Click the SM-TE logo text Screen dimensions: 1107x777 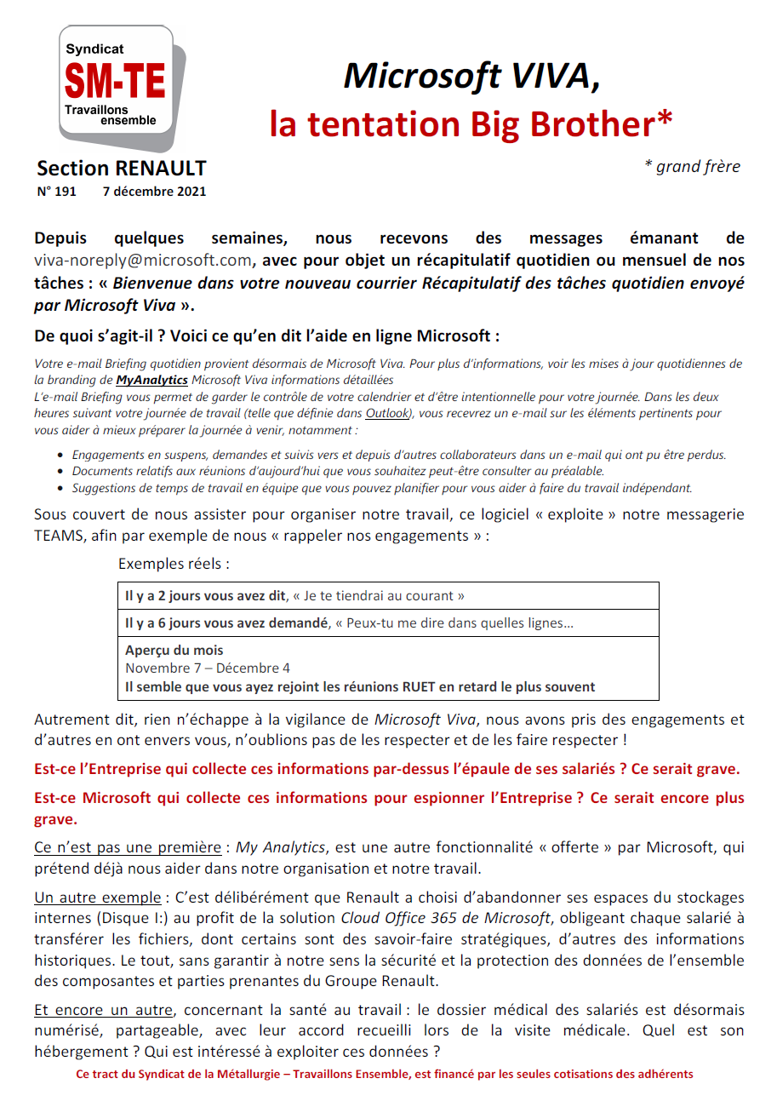pyautogui.click(x=116, y=83)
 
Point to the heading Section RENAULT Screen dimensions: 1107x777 pyautogui.click(x=122, y=169)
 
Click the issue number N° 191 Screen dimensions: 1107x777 pyautogui.click(x=57, y=192)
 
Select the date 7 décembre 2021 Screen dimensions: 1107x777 pyautogui.click(x=154, y=192)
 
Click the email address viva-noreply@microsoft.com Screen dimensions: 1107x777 pyautogui.click(x=143, y=260)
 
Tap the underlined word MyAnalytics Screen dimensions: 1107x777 pyautogui.click(x=151, y=380)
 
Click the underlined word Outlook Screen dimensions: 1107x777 pyautogui.click(x=388, y=413)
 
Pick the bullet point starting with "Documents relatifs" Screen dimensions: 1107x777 pyautogui.click(x=337, y=471)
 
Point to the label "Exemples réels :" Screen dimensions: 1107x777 pyautogui.click(x=174, y=564)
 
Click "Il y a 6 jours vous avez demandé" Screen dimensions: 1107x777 pyautogui.click(x=226, y=623)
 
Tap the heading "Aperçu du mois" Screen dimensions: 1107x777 pyautogui.click(x=174, y=651)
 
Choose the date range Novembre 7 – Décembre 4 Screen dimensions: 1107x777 pyautogui.click(x=207, y=668)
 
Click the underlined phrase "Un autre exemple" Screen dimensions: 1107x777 pyautogui.click(x=97, y=898)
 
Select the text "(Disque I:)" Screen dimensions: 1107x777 pyautogui.click(x=120, y=918)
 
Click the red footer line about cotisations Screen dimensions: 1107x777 pyautogui.click(x=385, y=1075)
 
